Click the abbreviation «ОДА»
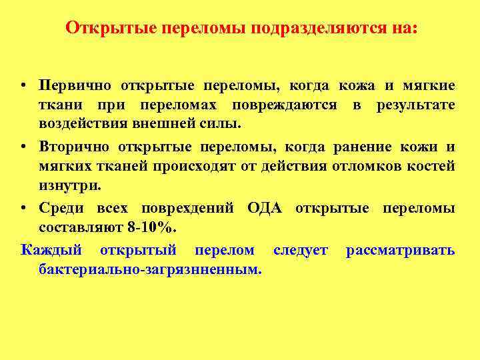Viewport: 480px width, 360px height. point(265,209)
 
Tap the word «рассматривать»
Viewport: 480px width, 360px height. point(400,251)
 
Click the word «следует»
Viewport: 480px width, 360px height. point(301,251)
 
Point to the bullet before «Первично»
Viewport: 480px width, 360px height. point(24,87)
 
